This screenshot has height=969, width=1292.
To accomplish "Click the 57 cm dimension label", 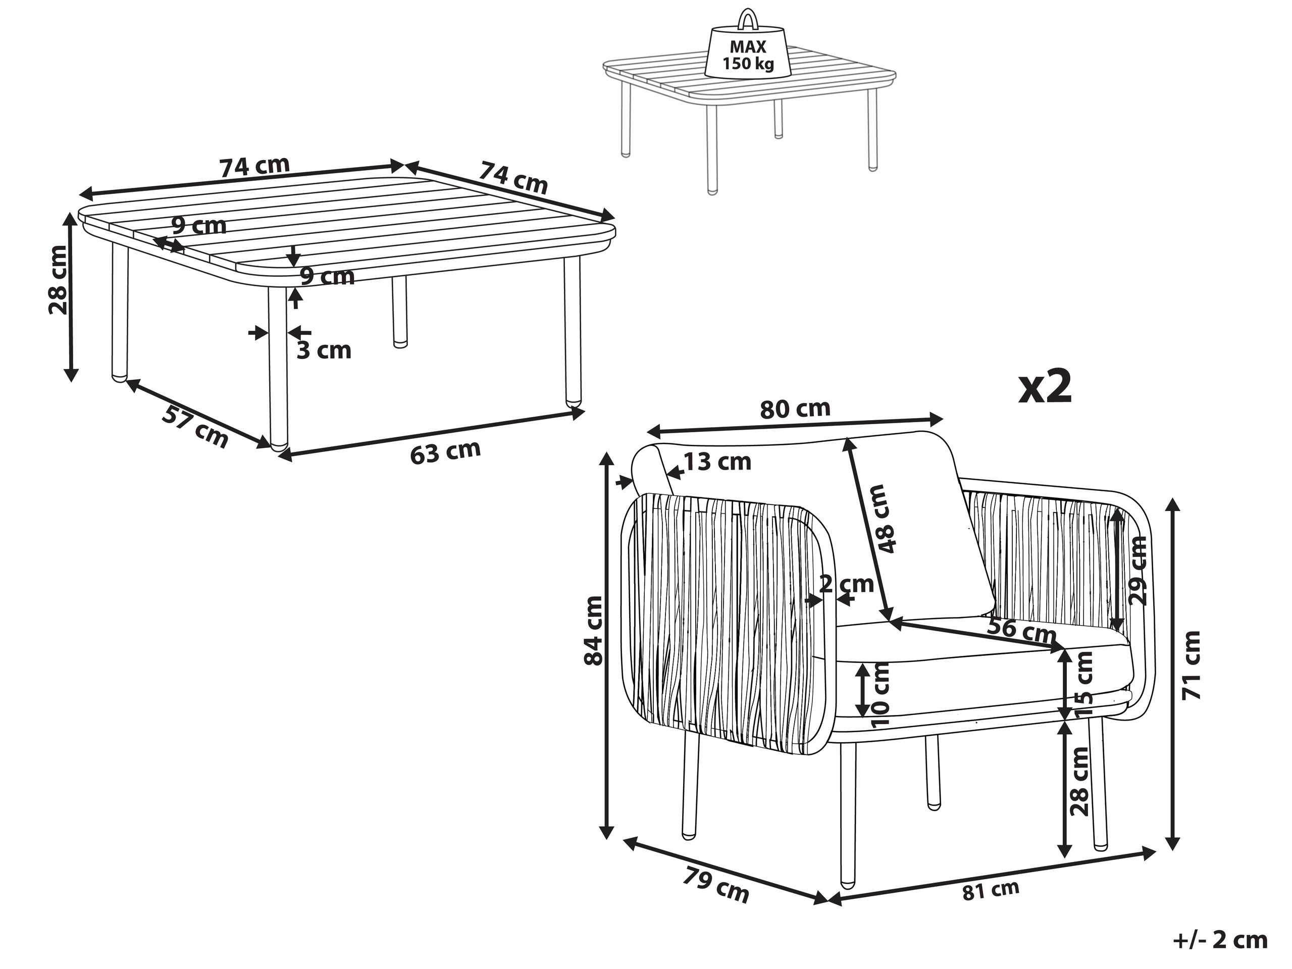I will click(x=194, y=428).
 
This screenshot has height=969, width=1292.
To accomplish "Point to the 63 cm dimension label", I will click(x=445, y=451).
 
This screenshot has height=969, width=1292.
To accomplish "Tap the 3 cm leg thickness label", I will click(x=324, y=350).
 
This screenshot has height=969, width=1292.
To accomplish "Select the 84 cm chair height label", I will click(x=593, y=631).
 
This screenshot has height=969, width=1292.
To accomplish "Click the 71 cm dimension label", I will click(x=1191, y=665).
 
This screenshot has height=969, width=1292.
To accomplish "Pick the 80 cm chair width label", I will click(x=795, y=409).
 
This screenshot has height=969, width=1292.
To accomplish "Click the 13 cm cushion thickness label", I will click(x=717, y=462).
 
